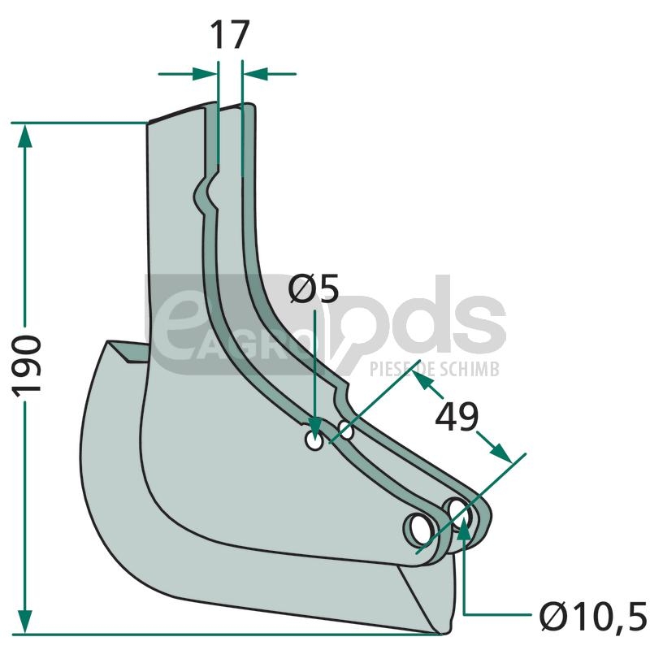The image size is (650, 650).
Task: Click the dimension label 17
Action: coord(230,35)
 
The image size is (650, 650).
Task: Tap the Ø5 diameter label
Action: coord(314,289)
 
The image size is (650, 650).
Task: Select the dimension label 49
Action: coord(457,417)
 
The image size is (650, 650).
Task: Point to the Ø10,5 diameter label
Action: coord(593,616)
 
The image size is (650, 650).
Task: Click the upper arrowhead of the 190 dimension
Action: coord(25,136)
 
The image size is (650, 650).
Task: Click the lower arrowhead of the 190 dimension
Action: coord(25,622)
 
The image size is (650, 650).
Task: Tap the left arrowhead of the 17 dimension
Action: coord(205,74)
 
